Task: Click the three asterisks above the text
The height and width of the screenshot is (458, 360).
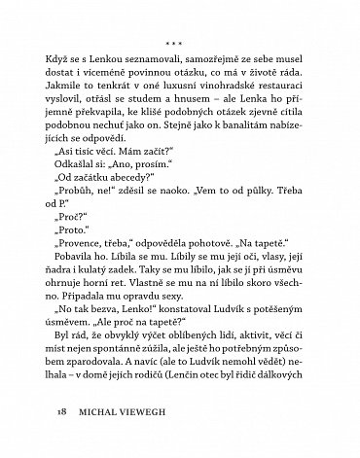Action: click(179, 44)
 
